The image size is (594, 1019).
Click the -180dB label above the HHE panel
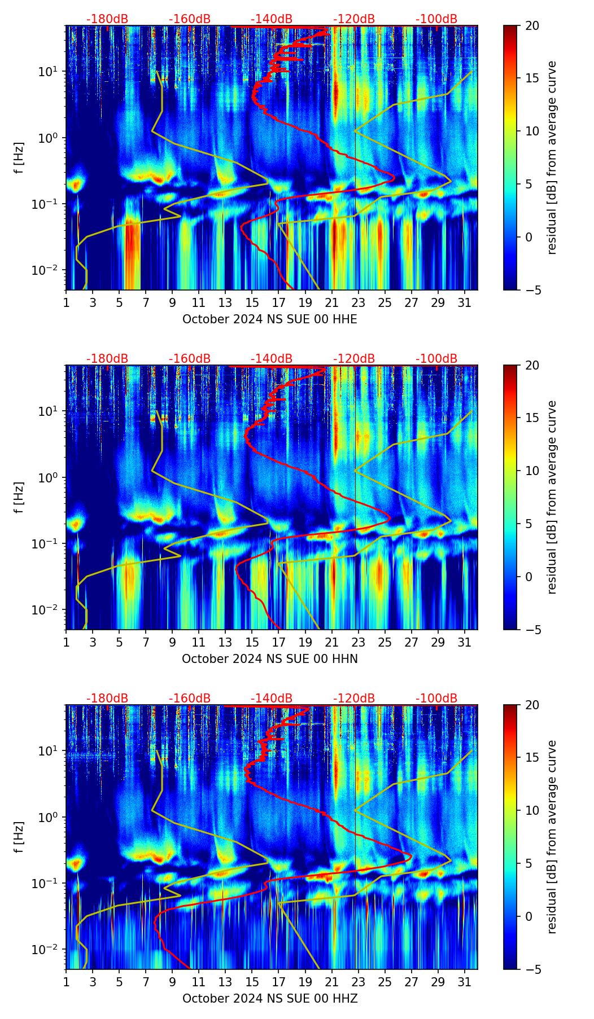[107, 19]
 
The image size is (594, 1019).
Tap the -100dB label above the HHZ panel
[436, 699]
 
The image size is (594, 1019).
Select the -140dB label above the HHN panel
[272, 359]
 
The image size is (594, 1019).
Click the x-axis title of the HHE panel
[270, 319]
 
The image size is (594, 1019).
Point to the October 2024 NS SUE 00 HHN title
[270, 659]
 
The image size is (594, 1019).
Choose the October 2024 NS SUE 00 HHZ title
[270, 999]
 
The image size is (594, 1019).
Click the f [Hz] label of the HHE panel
[20, 157]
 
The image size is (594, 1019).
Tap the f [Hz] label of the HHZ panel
[20, 837]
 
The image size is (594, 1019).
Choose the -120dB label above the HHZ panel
[354, 699]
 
